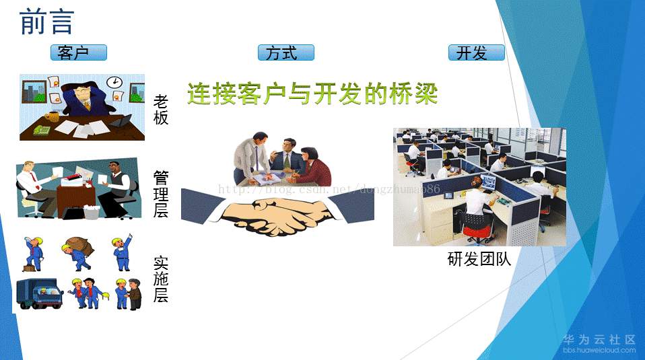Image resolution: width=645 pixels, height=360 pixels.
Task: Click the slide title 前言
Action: (x=46, y=22)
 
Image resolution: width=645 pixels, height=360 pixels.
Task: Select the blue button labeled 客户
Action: (x=79, y=52)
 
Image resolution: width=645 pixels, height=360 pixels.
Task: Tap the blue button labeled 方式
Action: (x=286, y=52)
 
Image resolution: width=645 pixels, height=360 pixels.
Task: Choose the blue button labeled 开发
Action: (x=477, y=52)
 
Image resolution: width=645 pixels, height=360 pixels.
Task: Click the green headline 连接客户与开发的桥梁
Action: (x=312, y=94)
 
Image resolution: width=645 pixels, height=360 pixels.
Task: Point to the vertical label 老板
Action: (x=161, y=110)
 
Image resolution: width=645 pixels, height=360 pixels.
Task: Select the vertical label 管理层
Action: (x=161, y=194)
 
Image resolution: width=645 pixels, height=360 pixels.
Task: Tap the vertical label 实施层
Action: (x=161, y=279)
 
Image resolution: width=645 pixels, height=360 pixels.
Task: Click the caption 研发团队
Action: (x=479, y=259)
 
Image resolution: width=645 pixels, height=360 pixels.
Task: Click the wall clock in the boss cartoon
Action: (x=114, y=82)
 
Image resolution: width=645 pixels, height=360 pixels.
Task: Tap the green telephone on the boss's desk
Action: (x=42, y=130)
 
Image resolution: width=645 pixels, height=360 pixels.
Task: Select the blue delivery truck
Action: (x=40, y=293)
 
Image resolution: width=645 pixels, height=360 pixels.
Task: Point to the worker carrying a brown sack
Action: (x=77, y=254)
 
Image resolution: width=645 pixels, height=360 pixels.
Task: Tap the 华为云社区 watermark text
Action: (x=599, y=339)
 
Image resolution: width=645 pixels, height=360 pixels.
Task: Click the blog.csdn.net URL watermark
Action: (x=329, y=190)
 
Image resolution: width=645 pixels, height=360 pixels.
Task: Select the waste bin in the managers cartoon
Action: (x=92, y=212)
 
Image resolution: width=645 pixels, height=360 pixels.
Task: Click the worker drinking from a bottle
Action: (x=33, y=254)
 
